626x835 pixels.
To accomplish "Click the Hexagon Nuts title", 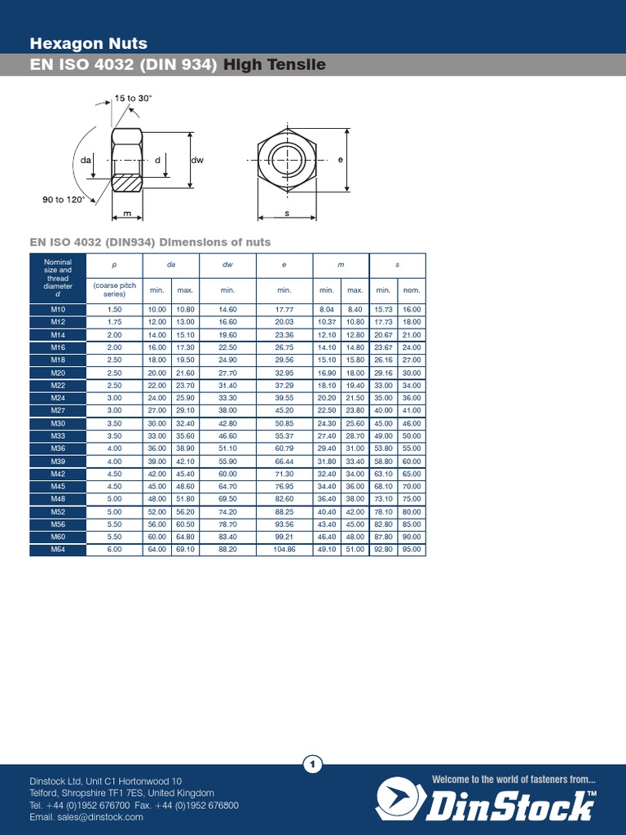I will tap(88, 43).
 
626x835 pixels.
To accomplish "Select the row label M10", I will tap(57, 310).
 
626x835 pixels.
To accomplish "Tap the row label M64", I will tap(57, 550).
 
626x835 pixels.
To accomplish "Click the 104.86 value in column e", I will tap(284, 550).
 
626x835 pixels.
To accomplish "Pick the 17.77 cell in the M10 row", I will tap(284, 310).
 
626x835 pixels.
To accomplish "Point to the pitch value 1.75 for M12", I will tap(114, 322).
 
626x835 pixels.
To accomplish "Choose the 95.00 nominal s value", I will tap(412, 550).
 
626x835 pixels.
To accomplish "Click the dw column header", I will tap(227, 265).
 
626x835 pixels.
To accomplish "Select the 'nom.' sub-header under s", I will tap(412, 290).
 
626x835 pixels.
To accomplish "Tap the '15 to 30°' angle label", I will tap(133, 98).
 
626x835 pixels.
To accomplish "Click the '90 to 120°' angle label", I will tap(64, 199).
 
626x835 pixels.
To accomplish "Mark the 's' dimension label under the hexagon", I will tap(287, 213).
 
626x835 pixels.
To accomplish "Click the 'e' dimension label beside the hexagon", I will tap(340, 160).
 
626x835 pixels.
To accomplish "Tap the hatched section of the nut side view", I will tap(126, 183).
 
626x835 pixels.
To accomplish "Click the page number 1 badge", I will tap(313, 764).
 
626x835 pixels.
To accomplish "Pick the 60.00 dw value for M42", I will tap(227, 474).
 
